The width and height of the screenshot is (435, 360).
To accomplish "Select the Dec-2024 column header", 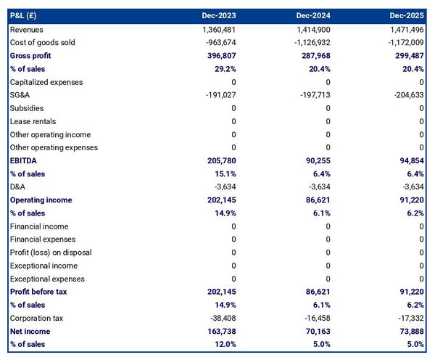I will (312, 15).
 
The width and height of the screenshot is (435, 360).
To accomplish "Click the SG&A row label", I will (20, 95).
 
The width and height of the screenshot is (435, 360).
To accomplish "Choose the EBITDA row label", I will (24, 160).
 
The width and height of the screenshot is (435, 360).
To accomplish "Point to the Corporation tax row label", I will (36, 318).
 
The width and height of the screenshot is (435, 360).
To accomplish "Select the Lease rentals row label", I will (33, 121).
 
